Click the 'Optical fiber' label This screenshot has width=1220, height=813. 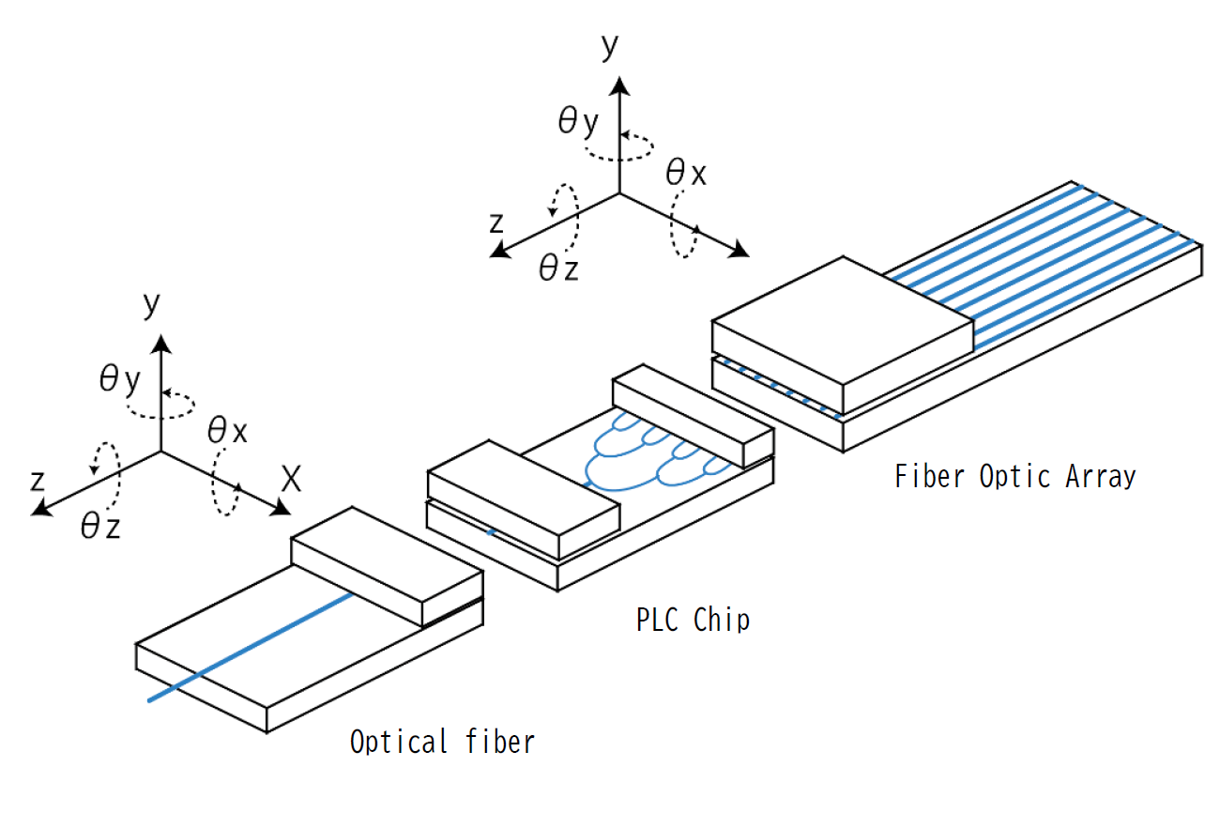click(442, 742)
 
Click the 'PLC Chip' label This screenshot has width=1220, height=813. click(693, 621)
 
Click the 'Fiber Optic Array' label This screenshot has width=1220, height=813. click(1014, 477)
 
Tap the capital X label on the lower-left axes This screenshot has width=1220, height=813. click(292, 481)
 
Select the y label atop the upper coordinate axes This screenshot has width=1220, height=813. click(610, 46)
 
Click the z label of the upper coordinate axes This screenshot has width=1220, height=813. click(498, 223)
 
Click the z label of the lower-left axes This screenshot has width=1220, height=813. click(38, 481)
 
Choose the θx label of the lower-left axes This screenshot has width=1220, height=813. click(228, 431)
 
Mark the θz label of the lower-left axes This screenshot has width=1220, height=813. click(100, 527)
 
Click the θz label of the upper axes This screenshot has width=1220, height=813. click(558, 268)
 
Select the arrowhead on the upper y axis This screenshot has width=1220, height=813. click(618, 86)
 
